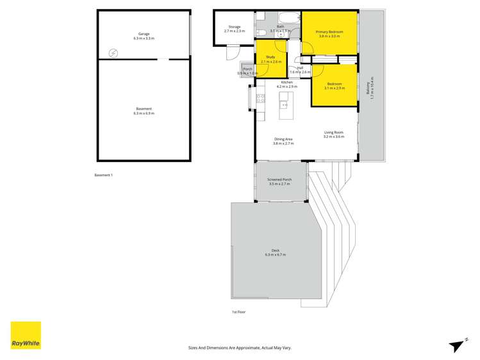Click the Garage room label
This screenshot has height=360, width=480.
(x=144, y=34)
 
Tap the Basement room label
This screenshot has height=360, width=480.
(x=144, y=110)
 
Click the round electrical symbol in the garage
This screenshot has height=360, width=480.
(x=113, y=53)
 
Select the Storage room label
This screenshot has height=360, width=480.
(x=234, y=27)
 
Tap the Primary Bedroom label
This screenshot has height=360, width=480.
(x=329, y=31)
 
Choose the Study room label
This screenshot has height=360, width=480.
(x=270, y=57)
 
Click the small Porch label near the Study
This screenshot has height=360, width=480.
(x=247, y=69)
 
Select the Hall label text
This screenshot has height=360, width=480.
(x=300, y=67)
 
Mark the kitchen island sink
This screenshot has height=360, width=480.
(x=285, y=104)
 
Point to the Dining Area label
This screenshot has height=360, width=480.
(x=283, y=139)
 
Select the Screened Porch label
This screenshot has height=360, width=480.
(x=279, y=180)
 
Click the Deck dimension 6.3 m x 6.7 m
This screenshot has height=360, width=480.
(x=275, y=255)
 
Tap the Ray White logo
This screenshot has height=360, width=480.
(x=26, y=335)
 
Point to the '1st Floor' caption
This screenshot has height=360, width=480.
(x=239, y=312)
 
